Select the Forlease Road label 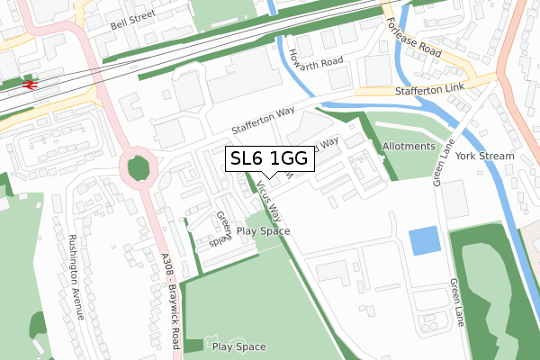click(x=414, y=40)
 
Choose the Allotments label click(x=409, y=146)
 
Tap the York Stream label click(x=484, y=156)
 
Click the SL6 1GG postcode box click(x=269, y=158)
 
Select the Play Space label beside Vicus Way click(x=263, y=231)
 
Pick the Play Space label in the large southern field click(x=238, y=346)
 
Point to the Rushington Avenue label click(x=74, y=278)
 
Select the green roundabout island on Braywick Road click(x=139, y=168)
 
